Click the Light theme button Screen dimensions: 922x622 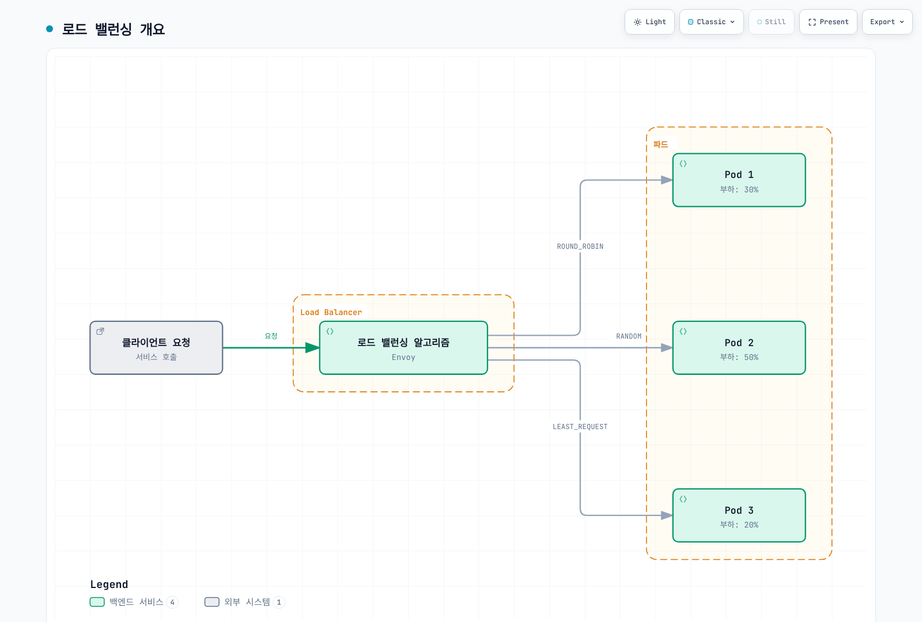(649, 22)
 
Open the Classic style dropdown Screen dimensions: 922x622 (711, 22)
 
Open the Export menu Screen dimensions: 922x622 (887, 22)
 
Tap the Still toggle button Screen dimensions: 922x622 (772, 22)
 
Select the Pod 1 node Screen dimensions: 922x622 (739, 180)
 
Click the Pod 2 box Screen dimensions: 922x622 (739, 348)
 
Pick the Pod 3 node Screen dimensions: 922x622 (739, 515)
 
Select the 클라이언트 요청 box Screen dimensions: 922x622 (156, 348)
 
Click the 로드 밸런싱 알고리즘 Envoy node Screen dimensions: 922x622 (403, 348)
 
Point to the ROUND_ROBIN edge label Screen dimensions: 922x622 (580, 246)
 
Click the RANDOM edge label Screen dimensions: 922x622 (629, 336)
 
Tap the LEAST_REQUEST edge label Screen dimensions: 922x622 (580, 427)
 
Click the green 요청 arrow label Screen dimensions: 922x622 (271, 336)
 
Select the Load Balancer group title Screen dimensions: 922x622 (331, 312)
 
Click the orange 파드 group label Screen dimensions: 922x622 (660, 145)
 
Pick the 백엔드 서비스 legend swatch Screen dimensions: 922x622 (97, 602)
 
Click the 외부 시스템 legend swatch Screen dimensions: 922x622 (211, 602)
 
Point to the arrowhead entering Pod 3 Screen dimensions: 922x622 (667, 515)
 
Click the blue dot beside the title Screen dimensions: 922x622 (50, 29)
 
